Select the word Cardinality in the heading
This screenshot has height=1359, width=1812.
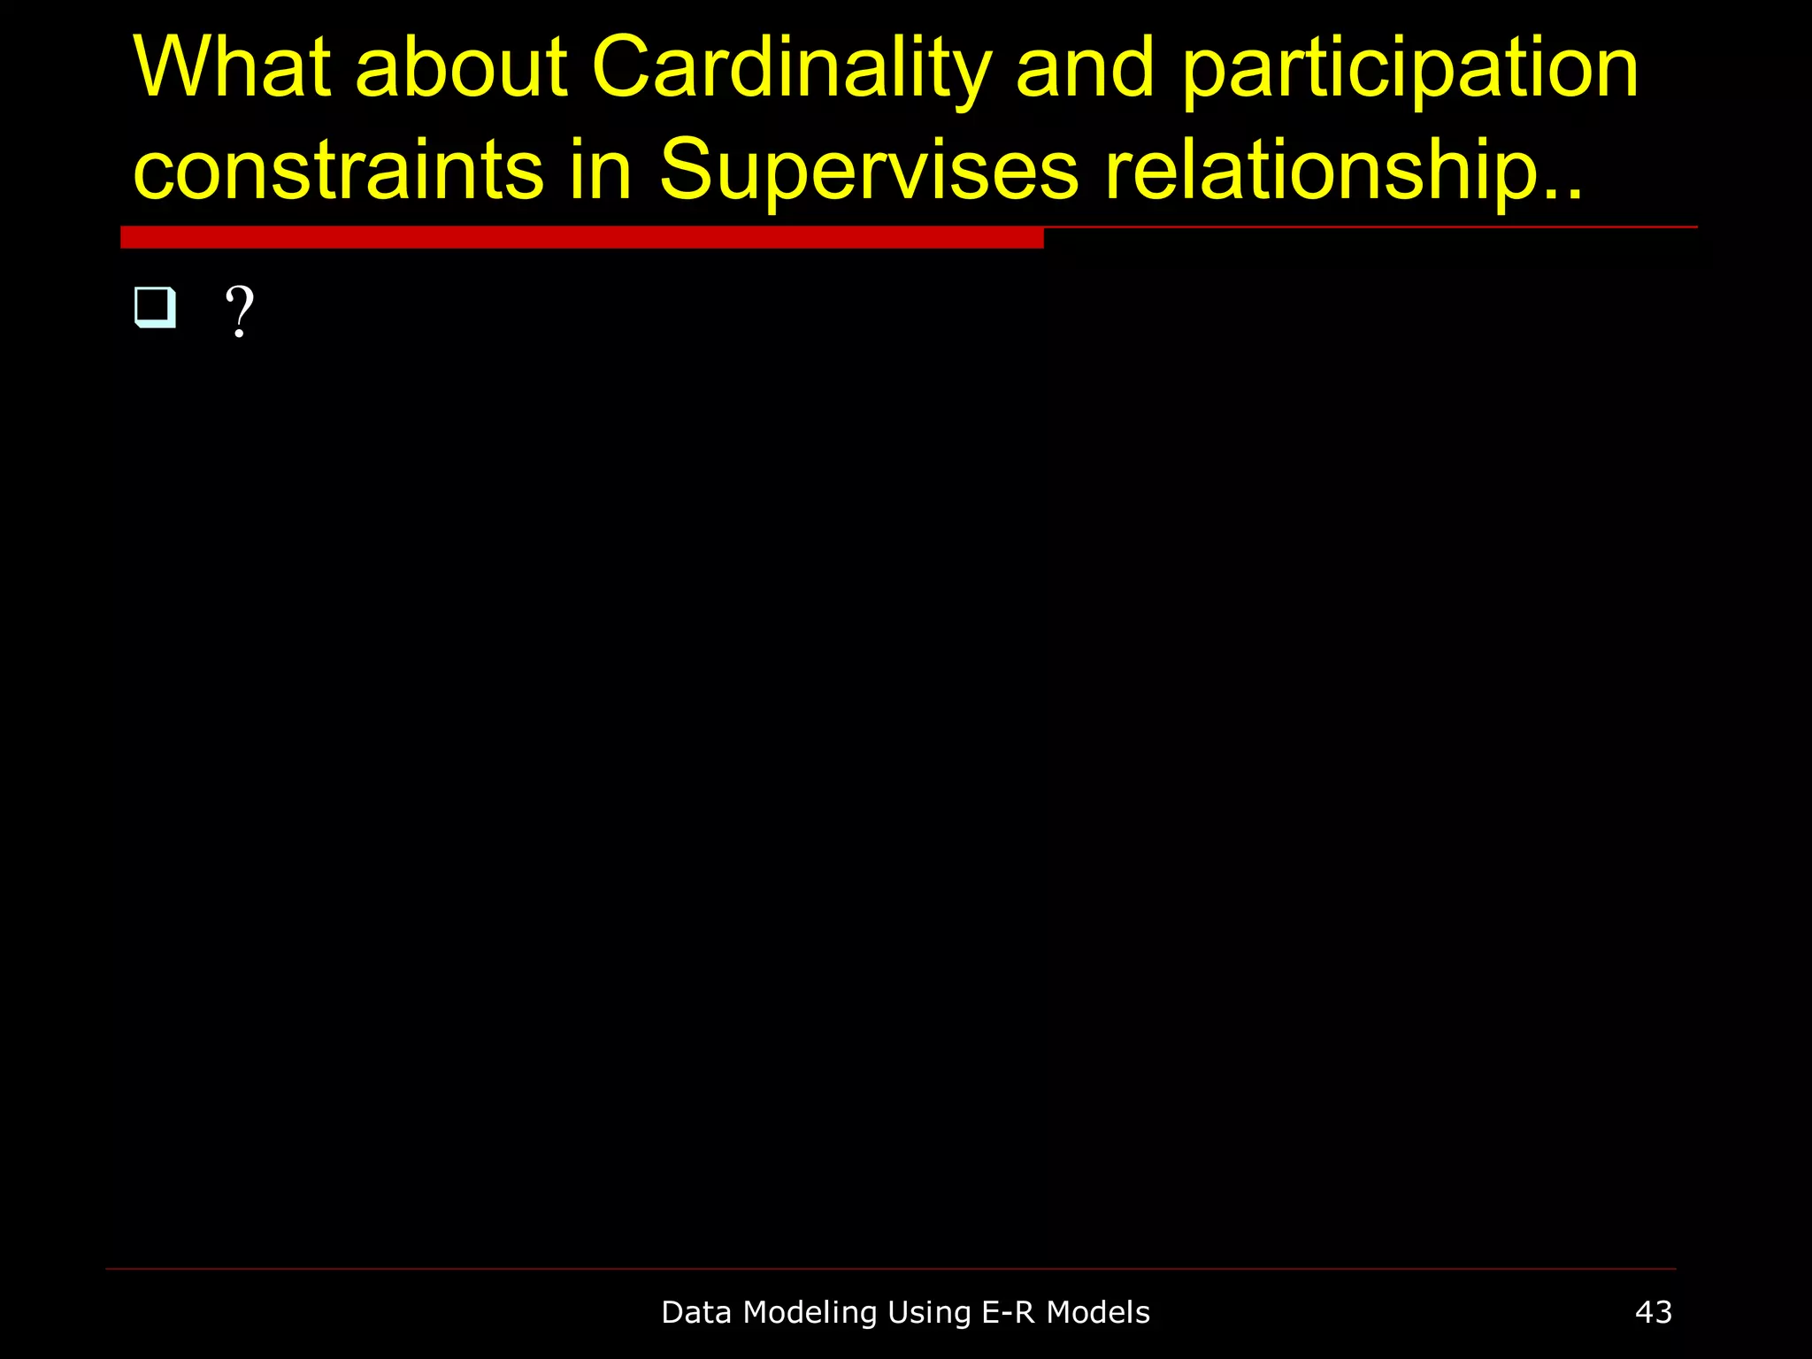[x=792, y=69]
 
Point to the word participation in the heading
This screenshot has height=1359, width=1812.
[x=1410, y=69]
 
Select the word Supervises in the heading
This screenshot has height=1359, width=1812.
[x=869, y=171]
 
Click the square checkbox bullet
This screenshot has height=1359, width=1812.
[x=155, y=308]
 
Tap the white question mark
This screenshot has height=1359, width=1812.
[x=240, y=311]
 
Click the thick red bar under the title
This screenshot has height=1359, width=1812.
[x=581, y=237]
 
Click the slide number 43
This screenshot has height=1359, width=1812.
[x=1653, y=1312]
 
